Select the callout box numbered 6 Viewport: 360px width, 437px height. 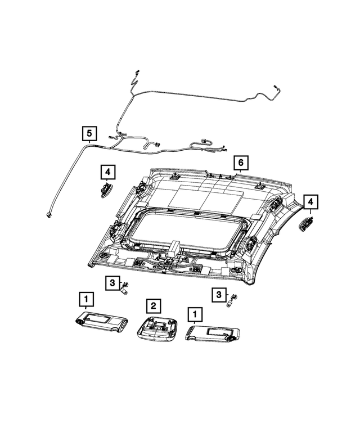[240, 163]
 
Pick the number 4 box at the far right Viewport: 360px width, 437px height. [310, 201]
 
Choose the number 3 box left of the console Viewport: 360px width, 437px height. [112, 282]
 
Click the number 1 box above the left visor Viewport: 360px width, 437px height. [85, 298]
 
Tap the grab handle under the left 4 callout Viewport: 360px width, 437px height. [106, 189]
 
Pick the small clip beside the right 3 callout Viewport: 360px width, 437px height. [231, 300]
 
